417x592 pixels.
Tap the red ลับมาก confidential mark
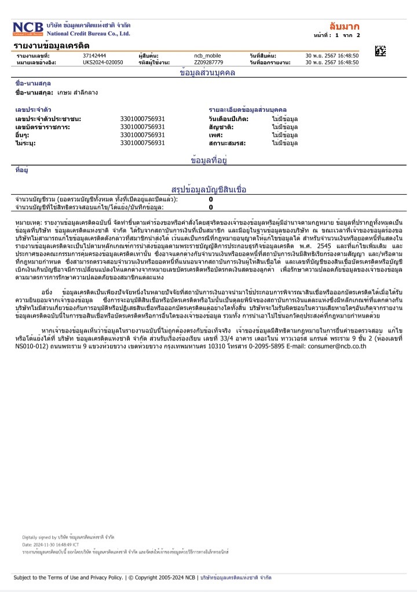(344, 26)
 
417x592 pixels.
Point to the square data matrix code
(381, 50)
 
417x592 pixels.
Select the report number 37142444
(94, 55)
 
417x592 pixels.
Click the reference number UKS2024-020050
(103, 61)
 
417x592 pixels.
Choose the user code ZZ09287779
(209, 61)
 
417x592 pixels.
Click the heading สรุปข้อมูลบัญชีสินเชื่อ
(209, 189)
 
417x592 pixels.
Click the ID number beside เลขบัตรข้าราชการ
(142, 126)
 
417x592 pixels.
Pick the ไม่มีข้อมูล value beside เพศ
(285, 134)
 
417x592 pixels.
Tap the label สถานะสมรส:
(228, 142)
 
